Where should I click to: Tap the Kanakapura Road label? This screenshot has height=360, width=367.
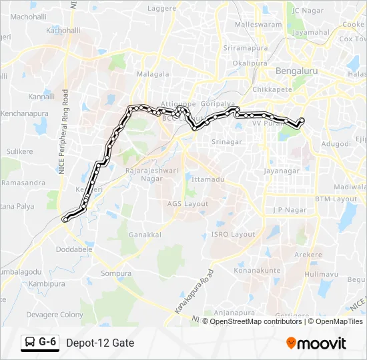point(194,292)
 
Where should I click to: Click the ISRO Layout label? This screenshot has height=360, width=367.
point(232,235)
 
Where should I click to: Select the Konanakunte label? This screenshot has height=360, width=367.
point(257,271)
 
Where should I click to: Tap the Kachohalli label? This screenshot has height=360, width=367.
point(63,31)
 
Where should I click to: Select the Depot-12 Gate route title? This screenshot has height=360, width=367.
point(100,343)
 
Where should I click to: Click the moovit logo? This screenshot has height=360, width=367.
point(316,343)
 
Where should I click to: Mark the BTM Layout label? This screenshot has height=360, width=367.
point(336,199)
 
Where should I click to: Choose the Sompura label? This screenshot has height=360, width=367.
point(113,273)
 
